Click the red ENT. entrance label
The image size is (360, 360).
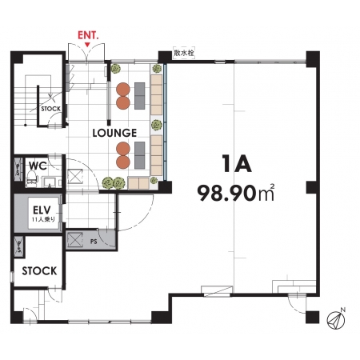pos(88,35)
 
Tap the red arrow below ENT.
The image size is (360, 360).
pos(88,44)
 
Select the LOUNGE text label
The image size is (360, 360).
pos(114,133)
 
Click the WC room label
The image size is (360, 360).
pos(38,166)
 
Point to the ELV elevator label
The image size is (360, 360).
pos(42,210)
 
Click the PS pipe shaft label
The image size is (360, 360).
pos(94,242)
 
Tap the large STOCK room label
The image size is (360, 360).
pos(39,271)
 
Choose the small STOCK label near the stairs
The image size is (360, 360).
pos(50,109)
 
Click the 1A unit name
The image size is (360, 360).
pos(237,163)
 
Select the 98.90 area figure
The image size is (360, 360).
pos(226,193)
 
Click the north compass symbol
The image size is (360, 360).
pos(336,319)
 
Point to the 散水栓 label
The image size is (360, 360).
pos(184,53)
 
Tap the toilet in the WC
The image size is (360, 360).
pos(31,178)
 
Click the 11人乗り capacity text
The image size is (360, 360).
pos(43,219)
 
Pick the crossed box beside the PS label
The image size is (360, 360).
pos(74,240)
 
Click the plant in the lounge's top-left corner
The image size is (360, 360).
pos(116,69)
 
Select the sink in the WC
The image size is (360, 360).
pos(50,182)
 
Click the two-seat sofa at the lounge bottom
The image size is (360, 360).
pos(138,183)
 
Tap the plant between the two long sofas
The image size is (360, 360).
pos(157,125)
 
